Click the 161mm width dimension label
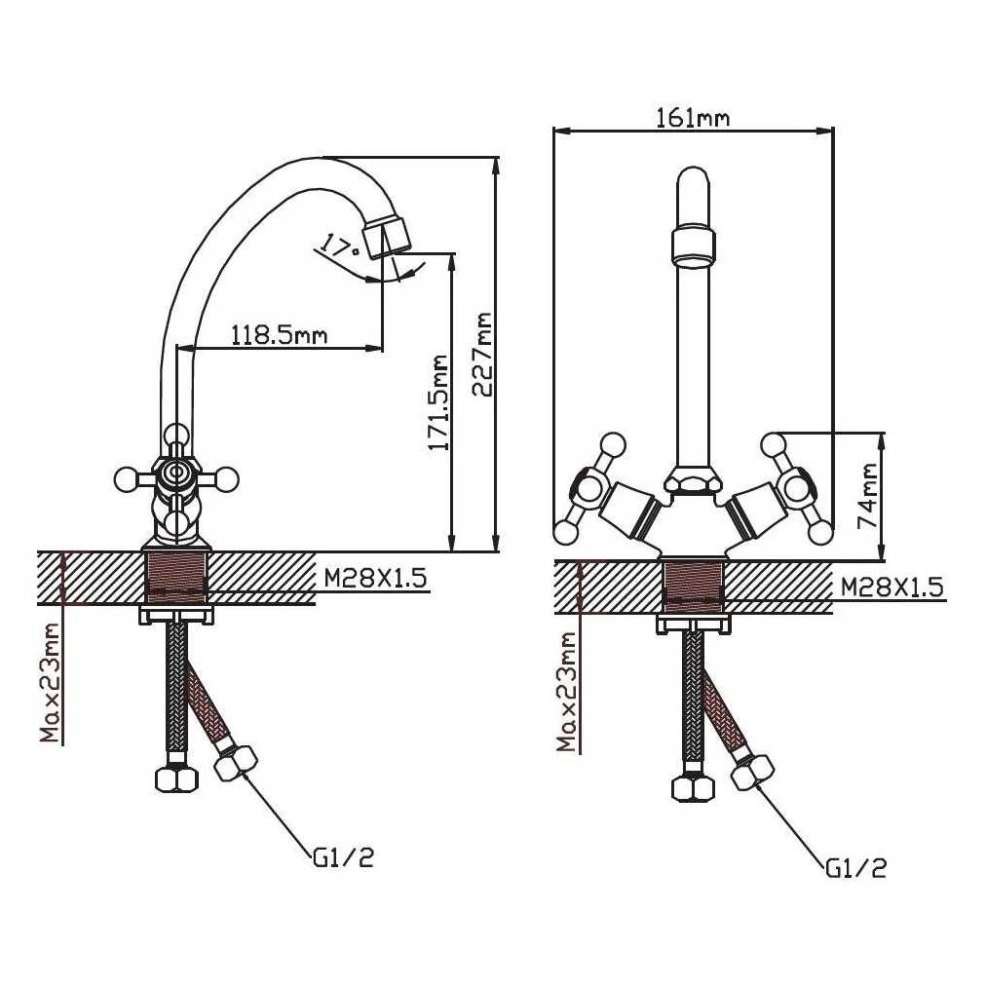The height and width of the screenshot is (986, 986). (693, 118)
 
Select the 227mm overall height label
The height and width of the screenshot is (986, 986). (483, 355)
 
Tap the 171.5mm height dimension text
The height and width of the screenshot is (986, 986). (437, 403)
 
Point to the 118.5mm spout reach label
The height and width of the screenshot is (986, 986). (280, 334)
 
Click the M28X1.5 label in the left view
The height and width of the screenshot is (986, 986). (376, 577)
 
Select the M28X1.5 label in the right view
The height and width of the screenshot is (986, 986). (892, 588)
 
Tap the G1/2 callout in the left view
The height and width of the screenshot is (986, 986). (343, 857)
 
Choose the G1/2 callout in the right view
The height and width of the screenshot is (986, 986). (856, 868)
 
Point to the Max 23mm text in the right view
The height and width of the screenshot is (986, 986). (567, 692)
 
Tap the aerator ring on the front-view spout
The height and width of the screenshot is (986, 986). (694, 247)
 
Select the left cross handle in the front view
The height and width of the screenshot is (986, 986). (591, 488)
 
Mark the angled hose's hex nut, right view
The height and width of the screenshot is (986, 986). (753, 771)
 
